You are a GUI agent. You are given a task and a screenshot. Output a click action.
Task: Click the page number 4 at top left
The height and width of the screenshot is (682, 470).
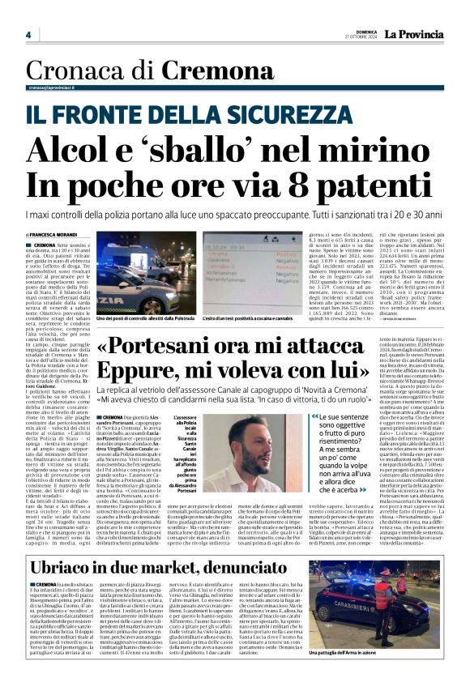pos(28,35)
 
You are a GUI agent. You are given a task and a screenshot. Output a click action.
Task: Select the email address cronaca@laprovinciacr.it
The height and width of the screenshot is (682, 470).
pos(61,87)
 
